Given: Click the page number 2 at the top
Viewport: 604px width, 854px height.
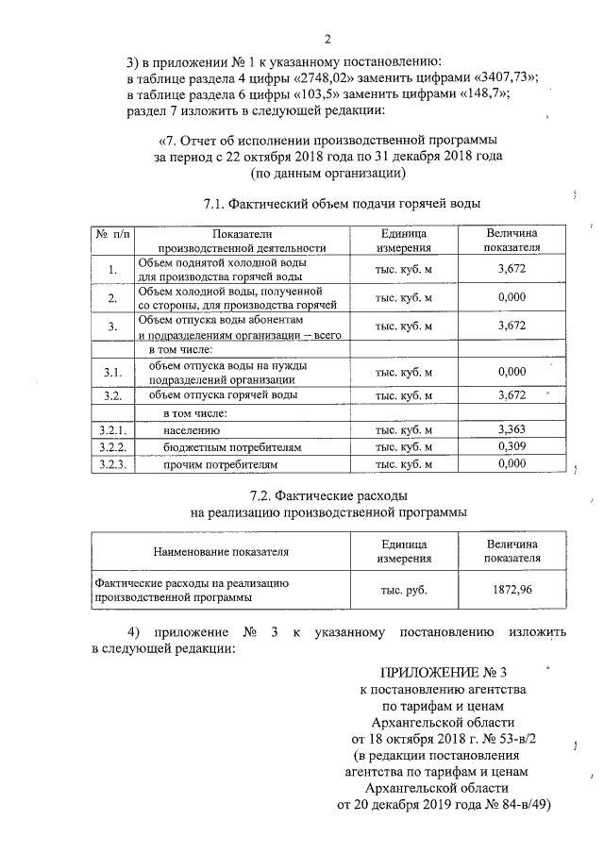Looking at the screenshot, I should (327, 40).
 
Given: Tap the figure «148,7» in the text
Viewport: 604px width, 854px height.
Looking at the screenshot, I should (479, 95).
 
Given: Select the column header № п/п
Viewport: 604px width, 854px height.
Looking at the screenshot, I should (112, 233).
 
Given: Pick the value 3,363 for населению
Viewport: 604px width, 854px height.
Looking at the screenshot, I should (510, 430).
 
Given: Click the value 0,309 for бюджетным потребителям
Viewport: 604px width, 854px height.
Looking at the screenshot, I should (510, 447).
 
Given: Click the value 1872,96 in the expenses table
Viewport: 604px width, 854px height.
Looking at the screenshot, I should (512, 590).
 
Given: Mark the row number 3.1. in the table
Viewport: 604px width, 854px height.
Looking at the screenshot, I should (112, 372).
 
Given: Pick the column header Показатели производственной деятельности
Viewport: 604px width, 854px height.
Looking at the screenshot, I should (242, 241).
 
